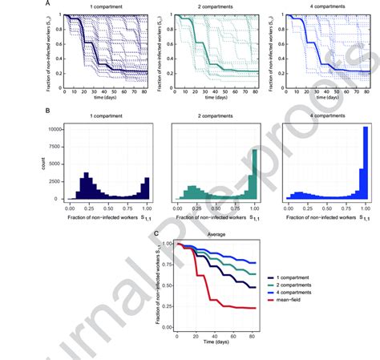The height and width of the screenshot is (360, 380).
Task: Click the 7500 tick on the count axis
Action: (x=55, y=146)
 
